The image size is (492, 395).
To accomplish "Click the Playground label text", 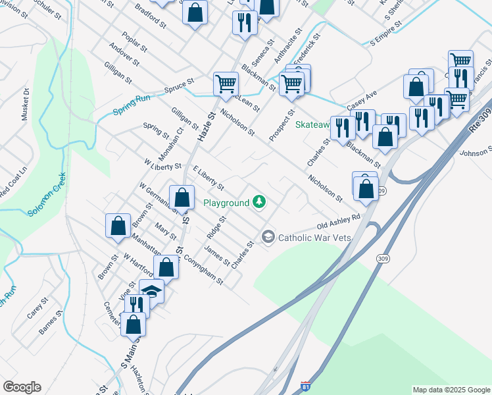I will coord(226,202).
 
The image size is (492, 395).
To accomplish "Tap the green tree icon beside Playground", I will coord(260,201).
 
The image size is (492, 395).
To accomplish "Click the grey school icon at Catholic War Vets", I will coord(268,236).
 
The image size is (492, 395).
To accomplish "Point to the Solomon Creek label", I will coord(47,196).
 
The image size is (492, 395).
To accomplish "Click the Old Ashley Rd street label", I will coord(339,221).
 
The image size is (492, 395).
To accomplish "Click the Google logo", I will coord(22,387).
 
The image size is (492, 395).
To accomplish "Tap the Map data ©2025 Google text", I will coord(451,390).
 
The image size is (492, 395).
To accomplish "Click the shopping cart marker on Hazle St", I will coord(226,84).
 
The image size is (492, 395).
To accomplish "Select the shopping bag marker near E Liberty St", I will coord(181,197).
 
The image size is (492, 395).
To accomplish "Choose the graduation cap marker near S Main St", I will coord(152,290).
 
